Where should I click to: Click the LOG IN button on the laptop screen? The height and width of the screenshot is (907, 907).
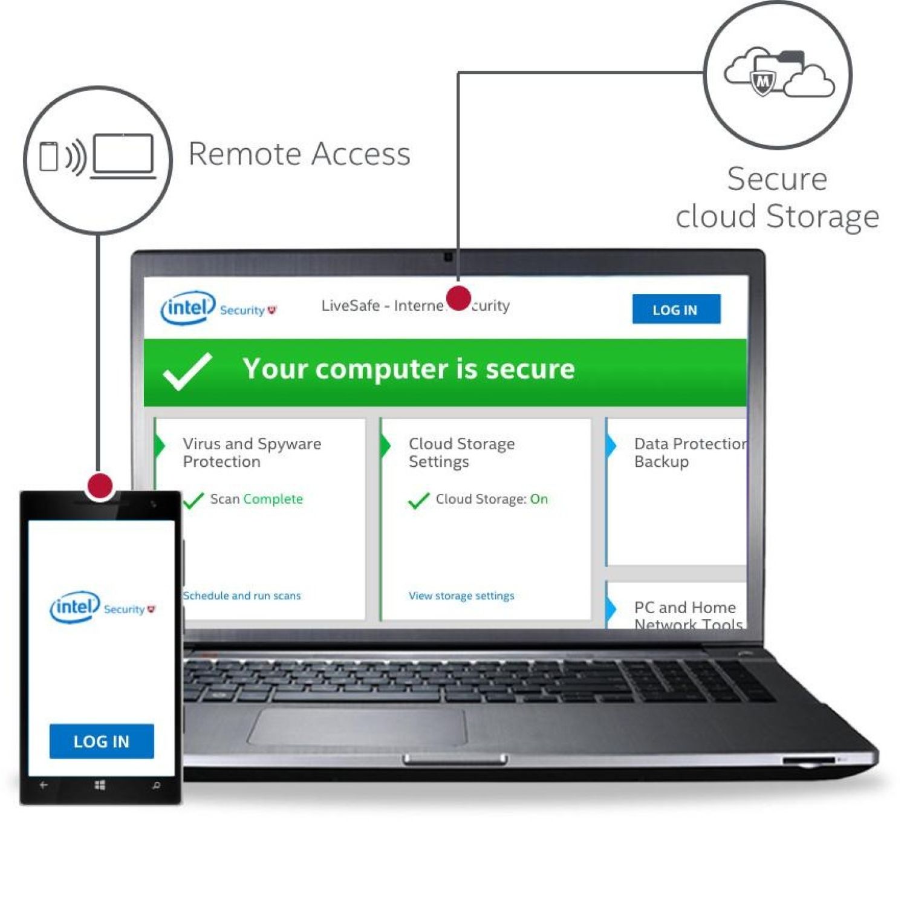click(x=676, y=310)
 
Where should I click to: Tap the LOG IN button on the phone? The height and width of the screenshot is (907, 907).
click(x=102, y=741)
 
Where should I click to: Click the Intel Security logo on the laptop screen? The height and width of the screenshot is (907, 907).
click(x=218, y=308)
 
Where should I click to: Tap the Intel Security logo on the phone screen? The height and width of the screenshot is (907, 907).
click(x=102, y=607)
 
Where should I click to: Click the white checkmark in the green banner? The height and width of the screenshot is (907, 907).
click(x=187, y=371)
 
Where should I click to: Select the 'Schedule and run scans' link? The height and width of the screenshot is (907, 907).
click(x=242, y=596)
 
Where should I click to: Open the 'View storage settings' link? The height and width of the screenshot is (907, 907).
click(x=461, y=596)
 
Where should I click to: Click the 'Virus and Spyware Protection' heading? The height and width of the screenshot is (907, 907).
click(x=252, y=452)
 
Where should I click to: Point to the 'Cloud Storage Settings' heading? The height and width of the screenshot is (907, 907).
click(x=461, y=452)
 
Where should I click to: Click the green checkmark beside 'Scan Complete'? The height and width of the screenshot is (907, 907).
click(x=193, y=500)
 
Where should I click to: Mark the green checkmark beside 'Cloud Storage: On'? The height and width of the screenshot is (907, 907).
click(x=418, y=500)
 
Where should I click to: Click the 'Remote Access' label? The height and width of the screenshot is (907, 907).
click(x=299, y=154)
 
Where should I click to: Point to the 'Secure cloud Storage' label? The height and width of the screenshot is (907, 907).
click(x=777, y=198)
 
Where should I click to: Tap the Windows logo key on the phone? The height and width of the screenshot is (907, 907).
click(x=100, y=785)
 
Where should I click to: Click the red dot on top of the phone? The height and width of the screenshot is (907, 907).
click(x=100, y=486)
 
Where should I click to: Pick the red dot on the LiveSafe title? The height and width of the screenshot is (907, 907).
click(x=458, y=298)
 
